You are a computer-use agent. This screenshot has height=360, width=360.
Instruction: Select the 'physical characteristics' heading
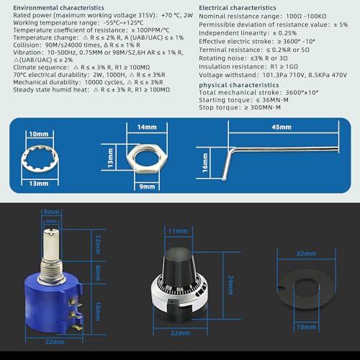tap(235, 84)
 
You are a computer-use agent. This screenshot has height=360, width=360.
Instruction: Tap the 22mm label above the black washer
tap(306, 254)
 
